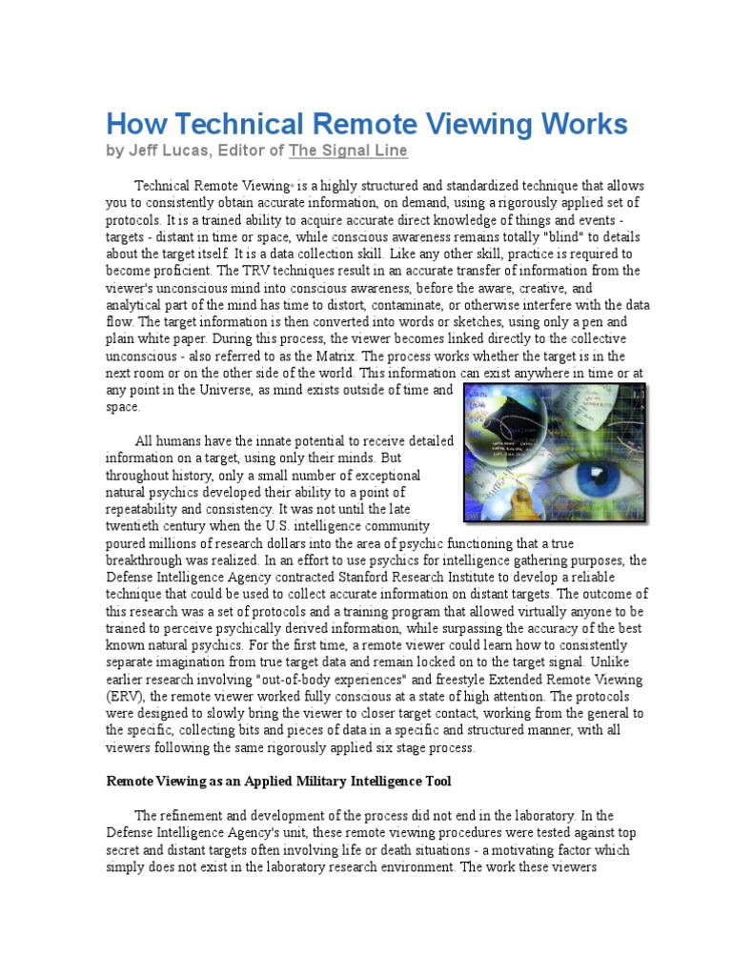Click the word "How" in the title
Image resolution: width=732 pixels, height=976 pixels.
pyautogui.click(x=131, y=124)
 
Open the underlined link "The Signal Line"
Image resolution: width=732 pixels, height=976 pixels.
pyautogui.click(x=348, y=151)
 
